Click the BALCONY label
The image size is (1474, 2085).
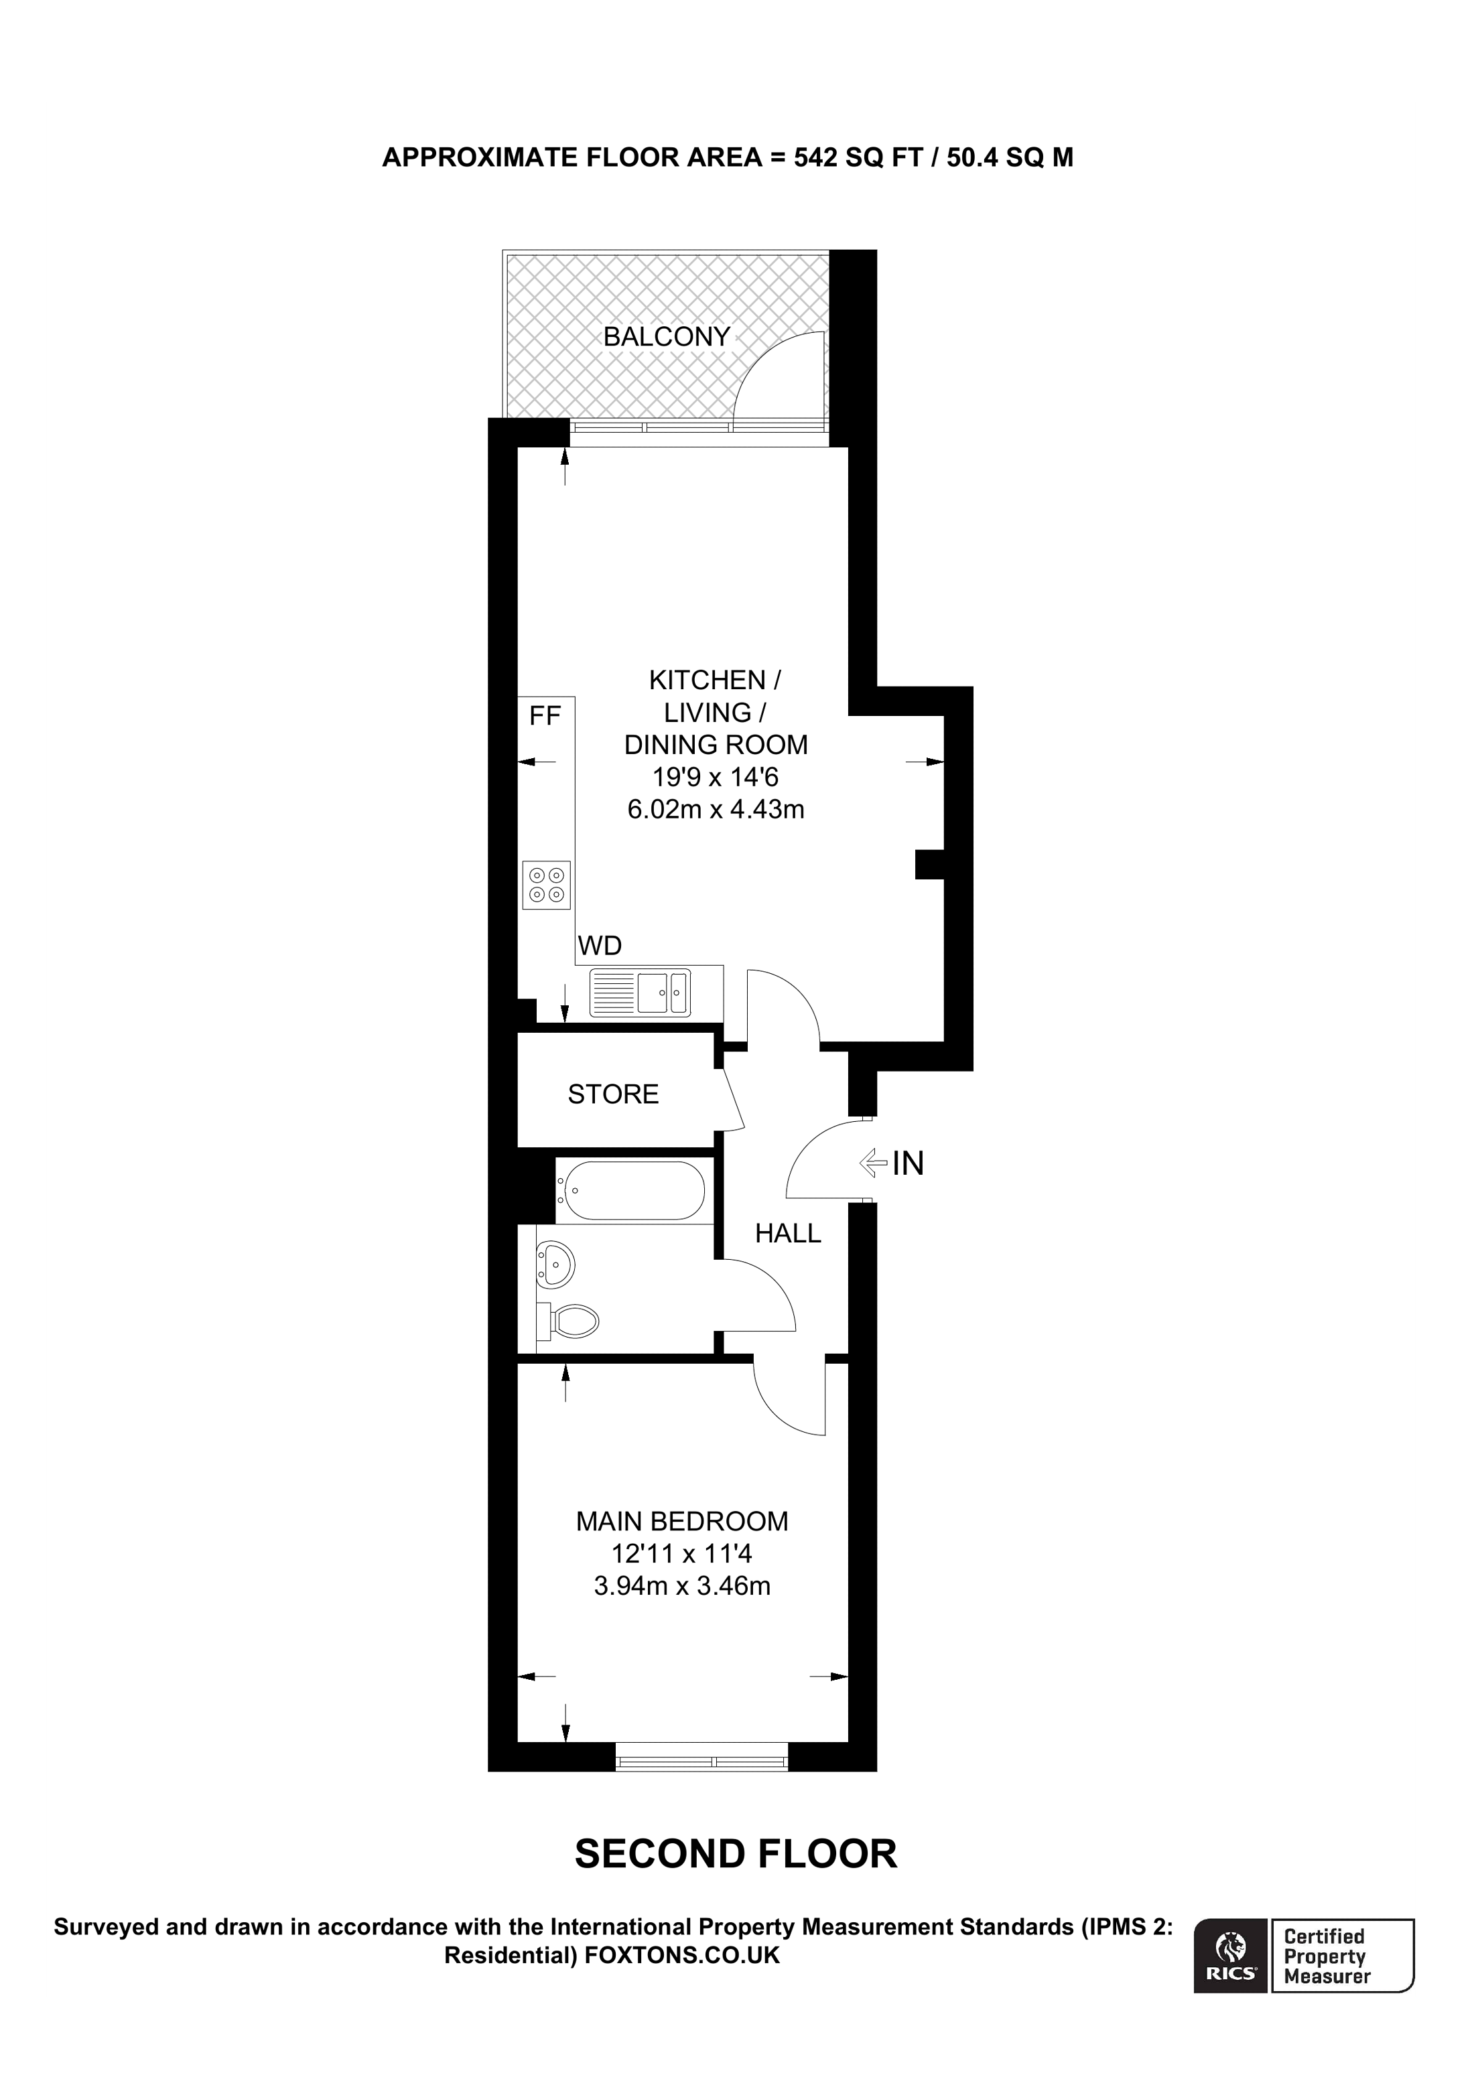pos(667,337)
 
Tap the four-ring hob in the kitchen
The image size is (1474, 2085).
pos(547,885)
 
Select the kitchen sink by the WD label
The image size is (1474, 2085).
pos(641,993)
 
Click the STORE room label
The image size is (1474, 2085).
pos(613,1094)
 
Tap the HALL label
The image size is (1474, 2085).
pos(787,1233)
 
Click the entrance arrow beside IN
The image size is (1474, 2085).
pos(873,1161)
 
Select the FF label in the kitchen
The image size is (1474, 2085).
pos(545,717)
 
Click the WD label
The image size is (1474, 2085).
pos(600,946)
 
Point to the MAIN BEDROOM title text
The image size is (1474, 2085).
pos(682,1521)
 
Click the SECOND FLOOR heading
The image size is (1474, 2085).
pos(736,1855)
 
